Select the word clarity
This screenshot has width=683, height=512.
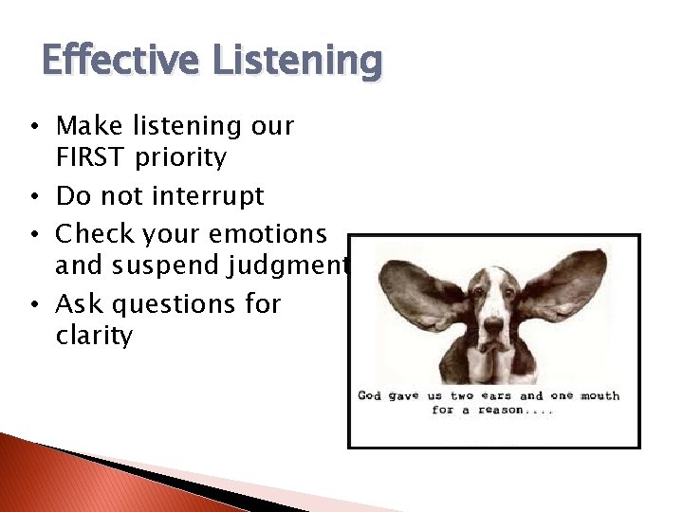[94, 336]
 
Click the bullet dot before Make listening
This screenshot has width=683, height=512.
[34, 127]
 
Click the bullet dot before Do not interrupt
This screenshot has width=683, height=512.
[34, 197]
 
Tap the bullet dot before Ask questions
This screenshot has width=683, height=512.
[34, 305]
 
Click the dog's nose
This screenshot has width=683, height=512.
[491, 326]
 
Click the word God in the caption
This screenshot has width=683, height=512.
[369, 396]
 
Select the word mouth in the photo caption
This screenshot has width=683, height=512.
[598, 396]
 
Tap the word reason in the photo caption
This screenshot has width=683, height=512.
[501, 411]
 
